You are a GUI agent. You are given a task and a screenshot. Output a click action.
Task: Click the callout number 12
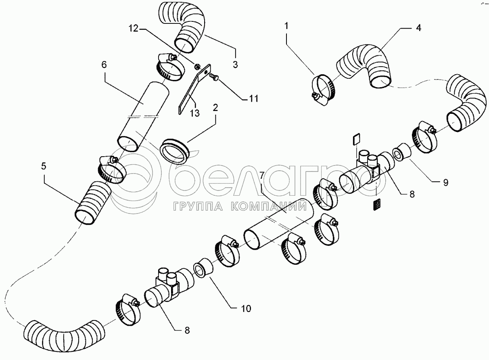(x=133, y=28)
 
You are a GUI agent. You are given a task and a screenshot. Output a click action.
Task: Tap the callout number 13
(x=194, y=113)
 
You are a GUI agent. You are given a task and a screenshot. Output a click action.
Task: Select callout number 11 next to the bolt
(x=253, y=99)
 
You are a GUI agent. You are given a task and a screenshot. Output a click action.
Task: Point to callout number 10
(x=246, y=309)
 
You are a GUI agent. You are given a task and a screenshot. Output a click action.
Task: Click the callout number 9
(x=445, y=182)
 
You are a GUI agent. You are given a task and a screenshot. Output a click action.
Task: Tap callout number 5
(x=44, y=166)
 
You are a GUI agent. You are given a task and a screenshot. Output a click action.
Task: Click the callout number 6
(x=104, y=65)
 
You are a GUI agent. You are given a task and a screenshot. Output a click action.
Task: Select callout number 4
(x=418, y=28)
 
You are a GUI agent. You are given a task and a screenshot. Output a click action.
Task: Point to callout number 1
(x=286, y=26)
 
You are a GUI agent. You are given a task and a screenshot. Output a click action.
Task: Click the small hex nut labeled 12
(x=196, y=65)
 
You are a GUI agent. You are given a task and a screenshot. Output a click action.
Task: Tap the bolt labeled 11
(x=214, y=77)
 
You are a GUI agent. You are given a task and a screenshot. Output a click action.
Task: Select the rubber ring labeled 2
(x=175, y=151)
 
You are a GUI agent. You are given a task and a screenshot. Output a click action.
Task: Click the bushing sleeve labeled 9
(x=402, y=153)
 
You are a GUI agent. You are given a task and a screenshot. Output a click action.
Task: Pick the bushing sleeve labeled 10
(x=203, y=268)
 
